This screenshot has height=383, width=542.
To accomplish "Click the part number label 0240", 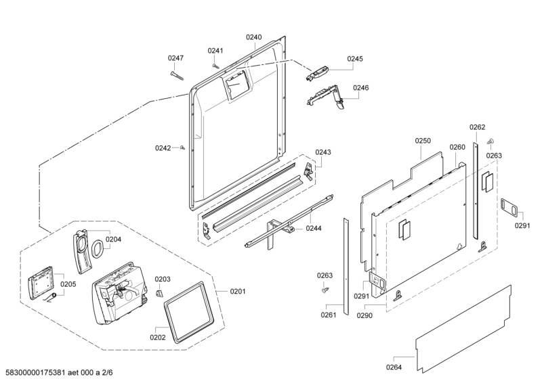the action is click(253, 37).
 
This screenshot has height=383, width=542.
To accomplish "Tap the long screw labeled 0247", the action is click(177, 76).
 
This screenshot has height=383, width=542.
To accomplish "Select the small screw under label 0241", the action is click(215, 66).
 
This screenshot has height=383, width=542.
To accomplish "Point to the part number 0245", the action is click(355, 59).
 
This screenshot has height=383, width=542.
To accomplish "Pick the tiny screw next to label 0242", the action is click(183, 148).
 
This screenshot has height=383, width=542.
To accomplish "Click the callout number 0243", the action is click(323, 152).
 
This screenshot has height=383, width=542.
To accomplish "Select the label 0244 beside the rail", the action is click(314, 228).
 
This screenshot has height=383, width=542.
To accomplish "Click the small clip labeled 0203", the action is click(159, 293).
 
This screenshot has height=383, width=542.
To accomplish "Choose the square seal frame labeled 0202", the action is click(188, 313).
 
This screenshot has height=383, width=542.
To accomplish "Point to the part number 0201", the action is click(238, 292).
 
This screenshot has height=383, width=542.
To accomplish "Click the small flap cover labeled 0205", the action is click(41, 282).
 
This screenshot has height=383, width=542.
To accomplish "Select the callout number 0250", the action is click(423, 141).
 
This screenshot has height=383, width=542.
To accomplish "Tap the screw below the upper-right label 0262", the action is click(490, 141).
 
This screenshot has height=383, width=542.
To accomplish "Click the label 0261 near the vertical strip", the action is click(329, 315).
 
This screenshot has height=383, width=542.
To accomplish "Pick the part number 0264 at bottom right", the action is click(394, 367).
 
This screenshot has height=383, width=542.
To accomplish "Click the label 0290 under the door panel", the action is click(364, 315).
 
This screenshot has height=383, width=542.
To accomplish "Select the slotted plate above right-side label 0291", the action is click(509, 208).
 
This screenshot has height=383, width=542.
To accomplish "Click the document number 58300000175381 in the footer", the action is click(36, 373).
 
